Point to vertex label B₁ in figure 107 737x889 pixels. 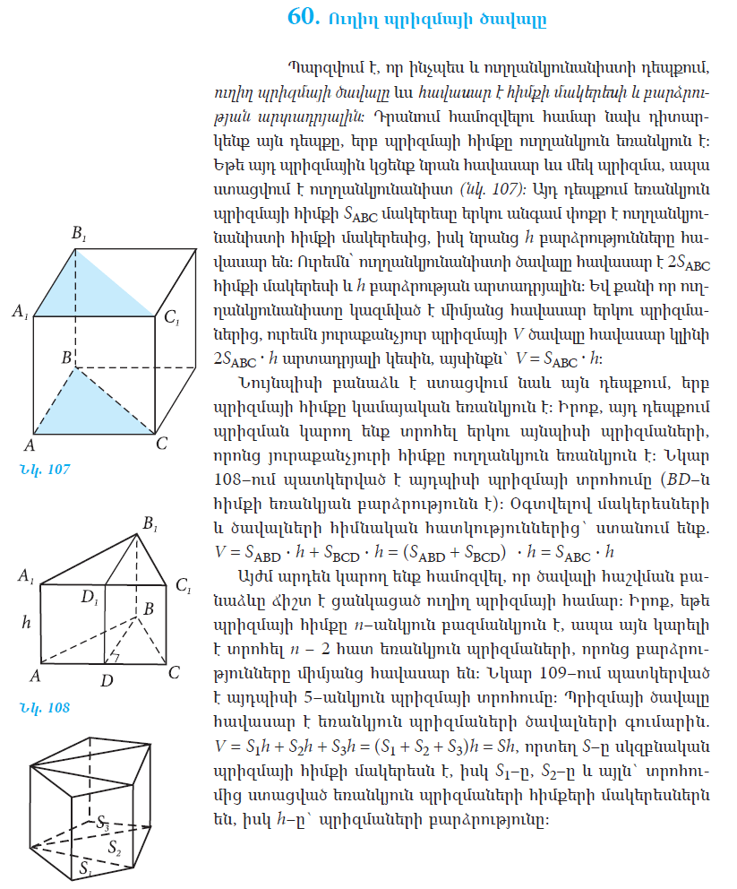coord(79,235)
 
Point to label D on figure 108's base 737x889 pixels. coord(107,681)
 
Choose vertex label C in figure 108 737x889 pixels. coord(174,672)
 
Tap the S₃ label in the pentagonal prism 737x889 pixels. coord(104,822)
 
